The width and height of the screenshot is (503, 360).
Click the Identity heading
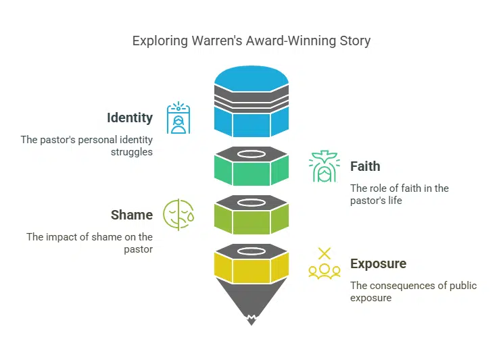tap(130, 118)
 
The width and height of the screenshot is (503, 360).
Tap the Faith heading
tap(365, 166)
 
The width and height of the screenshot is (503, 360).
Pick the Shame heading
tap(132, 215)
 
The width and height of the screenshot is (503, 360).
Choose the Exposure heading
tap(378, 263)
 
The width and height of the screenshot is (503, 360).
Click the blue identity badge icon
tap(178, 119)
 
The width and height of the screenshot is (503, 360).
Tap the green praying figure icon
tap(324, 167)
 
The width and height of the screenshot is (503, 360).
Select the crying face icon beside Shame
tap(178, 215)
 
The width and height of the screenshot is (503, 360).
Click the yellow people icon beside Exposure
tap(325, 271)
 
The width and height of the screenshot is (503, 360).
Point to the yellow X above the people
tap(325, 254)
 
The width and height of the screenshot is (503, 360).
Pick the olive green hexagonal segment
tap(251, 220)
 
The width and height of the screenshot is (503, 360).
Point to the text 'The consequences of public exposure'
tap(413, 292)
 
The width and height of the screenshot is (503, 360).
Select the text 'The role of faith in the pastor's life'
tap(399, 195)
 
